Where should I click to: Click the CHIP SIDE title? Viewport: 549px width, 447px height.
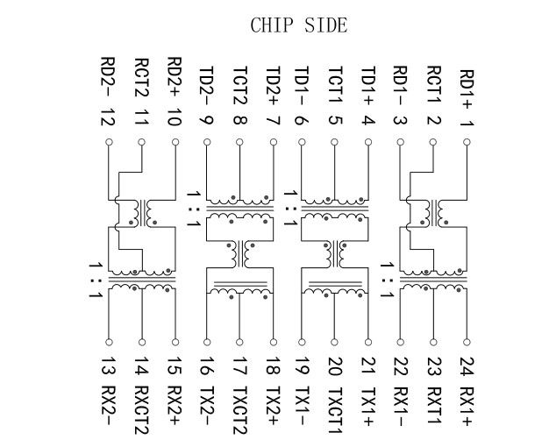click(x=298, y=25)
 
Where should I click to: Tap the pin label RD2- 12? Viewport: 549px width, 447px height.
click(x=109, y=90)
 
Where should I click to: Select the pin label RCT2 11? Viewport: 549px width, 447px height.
click(x=142, y=91)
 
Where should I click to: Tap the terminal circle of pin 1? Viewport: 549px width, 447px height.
click(x=466, y=141)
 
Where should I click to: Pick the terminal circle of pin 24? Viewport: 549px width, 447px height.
click(x=466, y=341)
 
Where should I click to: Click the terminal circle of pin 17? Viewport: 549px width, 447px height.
click(x=239, y=341)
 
